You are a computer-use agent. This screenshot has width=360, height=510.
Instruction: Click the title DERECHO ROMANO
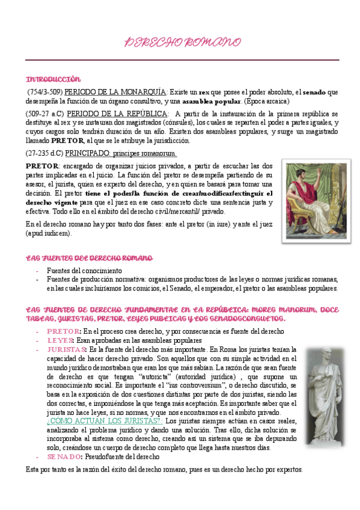pos(182,43)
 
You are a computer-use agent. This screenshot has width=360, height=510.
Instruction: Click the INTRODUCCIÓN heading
pos(53,79)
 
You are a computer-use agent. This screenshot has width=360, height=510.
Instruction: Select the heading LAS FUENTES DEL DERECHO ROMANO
pos(89,258)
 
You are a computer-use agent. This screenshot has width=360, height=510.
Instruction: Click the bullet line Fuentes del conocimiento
pos(84,271)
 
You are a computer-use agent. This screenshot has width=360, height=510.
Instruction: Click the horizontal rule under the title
pos(182,60)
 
